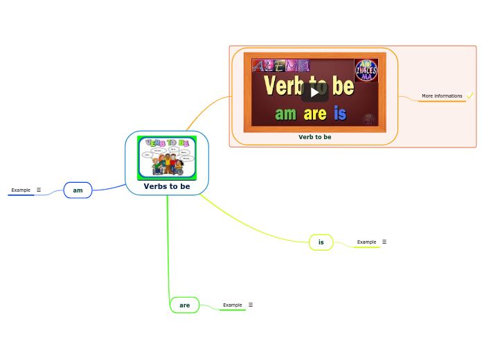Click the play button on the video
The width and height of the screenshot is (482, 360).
click(x=314, y=92)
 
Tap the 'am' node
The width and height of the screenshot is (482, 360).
click(x=78, y=190)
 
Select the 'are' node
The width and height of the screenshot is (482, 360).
click(x=184, y=305)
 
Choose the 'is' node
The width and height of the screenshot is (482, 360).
click(x=321, y=242)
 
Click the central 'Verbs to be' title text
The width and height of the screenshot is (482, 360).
click(x=167, y=186)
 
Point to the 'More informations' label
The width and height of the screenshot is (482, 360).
click(x=442, y=96)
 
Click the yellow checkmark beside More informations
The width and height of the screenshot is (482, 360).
click(x=470, y=96)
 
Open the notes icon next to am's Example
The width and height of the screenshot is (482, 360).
click(x=39, y=190)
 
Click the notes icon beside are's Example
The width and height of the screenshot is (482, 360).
click(x=251, y=305)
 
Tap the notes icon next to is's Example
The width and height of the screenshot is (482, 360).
click(x=384, y=242)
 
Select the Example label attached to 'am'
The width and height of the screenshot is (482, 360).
click(x=21, y=190)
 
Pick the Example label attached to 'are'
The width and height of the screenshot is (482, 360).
click(x=233, y=305)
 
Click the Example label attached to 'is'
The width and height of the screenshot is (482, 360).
click(x=366, y=242)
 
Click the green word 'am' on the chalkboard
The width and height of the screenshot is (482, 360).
click(x=285, y=114)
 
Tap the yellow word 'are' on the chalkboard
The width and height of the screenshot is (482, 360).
click(x=314, y=114)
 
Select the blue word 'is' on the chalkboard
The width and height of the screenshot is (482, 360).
click(x=339, y=114)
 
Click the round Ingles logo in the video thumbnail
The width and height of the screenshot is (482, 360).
click(x=366, y=71)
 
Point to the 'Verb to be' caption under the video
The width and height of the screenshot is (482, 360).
click(x=314, y=137)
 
